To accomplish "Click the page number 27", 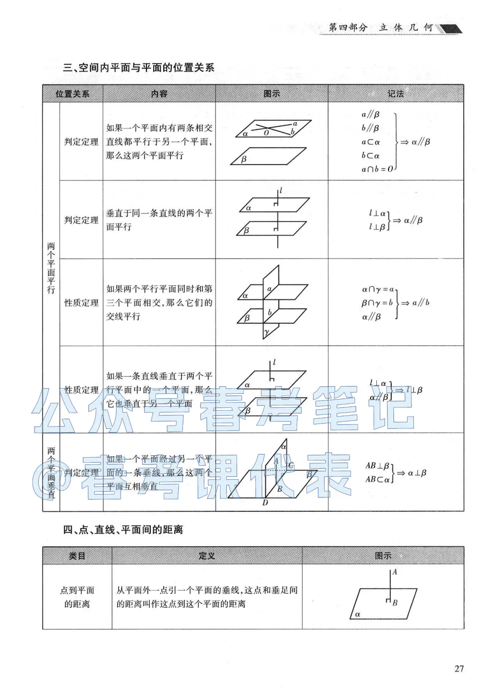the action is tap(459, 668).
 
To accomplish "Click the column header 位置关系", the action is tap(72, 94).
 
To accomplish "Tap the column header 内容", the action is tap(159, 94).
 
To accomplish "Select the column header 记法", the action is tap(396, 94).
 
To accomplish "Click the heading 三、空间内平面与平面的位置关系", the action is tap(139, 68).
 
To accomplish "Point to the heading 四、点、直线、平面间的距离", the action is tap(123, 530).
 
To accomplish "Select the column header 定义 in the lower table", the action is tap(207, 556).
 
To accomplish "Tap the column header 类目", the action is tap(77, 556).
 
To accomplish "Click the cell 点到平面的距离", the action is tap(77, 597).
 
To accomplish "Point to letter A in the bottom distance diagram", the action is tap(395, 572).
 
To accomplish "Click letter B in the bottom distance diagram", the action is tap(395, 603).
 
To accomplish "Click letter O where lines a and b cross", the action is tap(266, 133).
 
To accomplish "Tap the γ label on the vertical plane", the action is tap(266, 332).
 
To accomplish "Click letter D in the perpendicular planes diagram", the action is tap(265, 503).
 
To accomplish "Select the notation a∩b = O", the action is tap(377, 169).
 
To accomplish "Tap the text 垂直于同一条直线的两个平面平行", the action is tap(159, 220).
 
